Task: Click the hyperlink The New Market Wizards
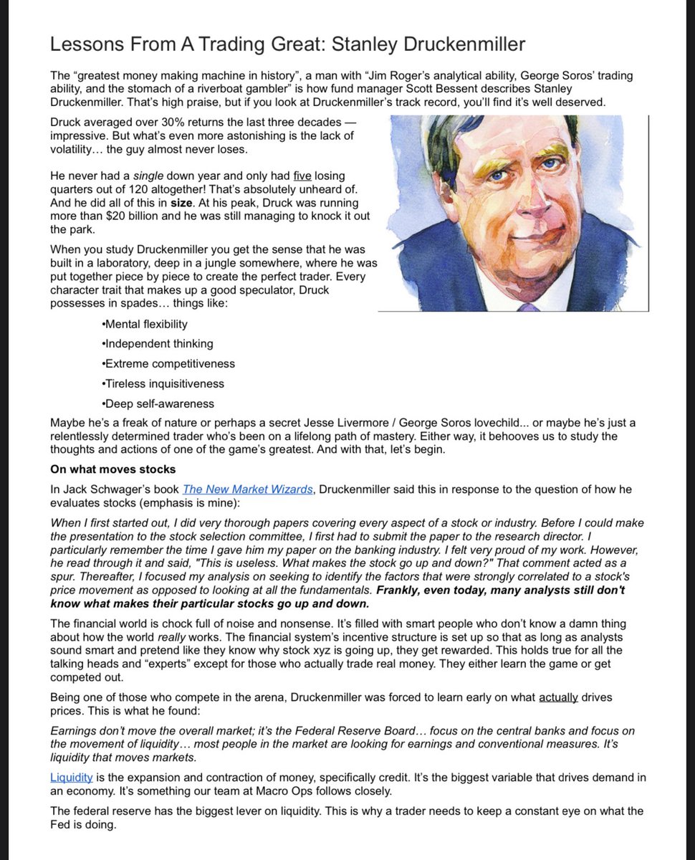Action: tap(247, 489)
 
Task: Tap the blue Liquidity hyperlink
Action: tap(71, 777)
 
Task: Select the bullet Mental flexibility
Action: tap(145, 323)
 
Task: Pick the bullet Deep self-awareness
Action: tap(158, 403)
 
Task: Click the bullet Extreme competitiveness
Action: tap(169, 363)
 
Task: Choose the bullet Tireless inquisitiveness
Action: tap(164, 383)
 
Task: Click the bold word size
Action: tap(181, 202)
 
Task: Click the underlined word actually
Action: tap(558, 697)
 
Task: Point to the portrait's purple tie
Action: tap(528, 307)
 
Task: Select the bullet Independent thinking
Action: tap(158, 343)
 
